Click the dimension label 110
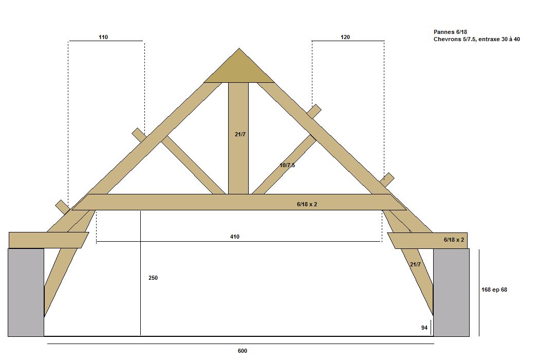click(x=103, y=37)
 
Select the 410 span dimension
click(x=235, y=237)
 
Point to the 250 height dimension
click(x=153, y=278)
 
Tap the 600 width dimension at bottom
click(x=243, y=351)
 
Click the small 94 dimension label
click(x=424, y=328)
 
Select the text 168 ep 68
click(x=495, y=290)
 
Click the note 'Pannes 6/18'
click(x=451, y=32)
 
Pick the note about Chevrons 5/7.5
click(x=476, y=39)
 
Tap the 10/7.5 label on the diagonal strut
click(x=287, y=165)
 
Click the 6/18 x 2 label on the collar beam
click(x=307, y=204)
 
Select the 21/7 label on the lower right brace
click(x=415, y=264)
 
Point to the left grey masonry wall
click(x=26, y=292)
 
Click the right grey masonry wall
click(x=451, y=292)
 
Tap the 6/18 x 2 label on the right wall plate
click(x=454, y=240)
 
